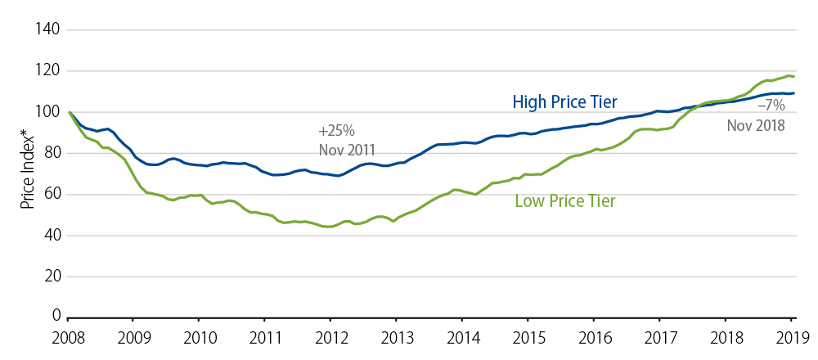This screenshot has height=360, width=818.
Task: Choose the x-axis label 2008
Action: pos(70,335)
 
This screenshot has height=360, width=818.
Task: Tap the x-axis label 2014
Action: pos(464,335)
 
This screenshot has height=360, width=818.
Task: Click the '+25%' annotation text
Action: pos(336,131)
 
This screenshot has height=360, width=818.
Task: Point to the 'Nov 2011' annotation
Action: pos(347,150)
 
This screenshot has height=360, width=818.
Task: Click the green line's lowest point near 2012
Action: pos(330,227)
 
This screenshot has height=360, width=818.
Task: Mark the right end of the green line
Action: pos(793,76)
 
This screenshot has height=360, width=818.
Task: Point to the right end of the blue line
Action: pos(793,93)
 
